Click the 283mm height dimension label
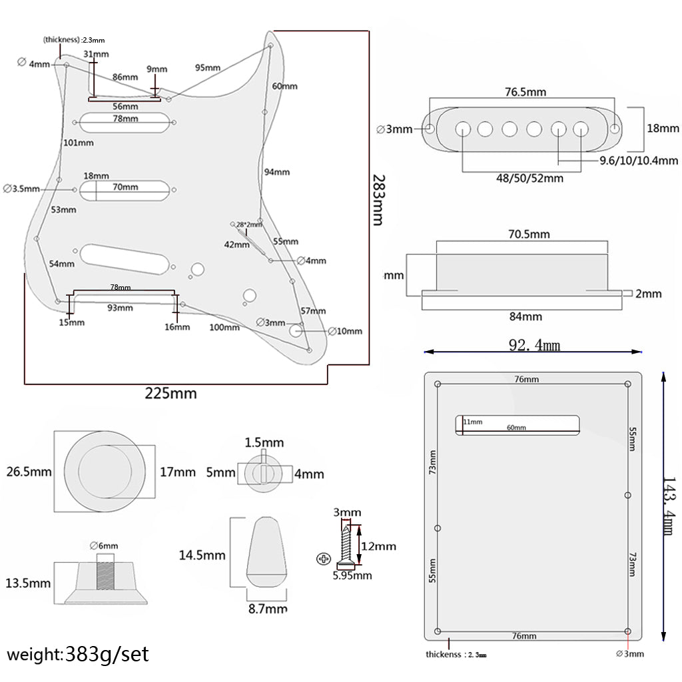point(378,200)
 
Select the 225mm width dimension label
point(171,394)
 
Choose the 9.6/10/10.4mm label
point(638,161)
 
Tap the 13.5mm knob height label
point(27,583)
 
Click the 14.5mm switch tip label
point(202,555)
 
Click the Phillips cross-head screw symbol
point(324,557)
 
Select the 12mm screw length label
point(378,546)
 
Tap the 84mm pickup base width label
point(526,317)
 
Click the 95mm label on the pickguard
point(208,68)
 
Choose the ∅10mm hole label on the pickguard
point(345,331)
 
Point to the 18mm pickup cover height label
point(663,129)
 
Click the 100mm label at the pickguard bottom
point(224,327)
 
